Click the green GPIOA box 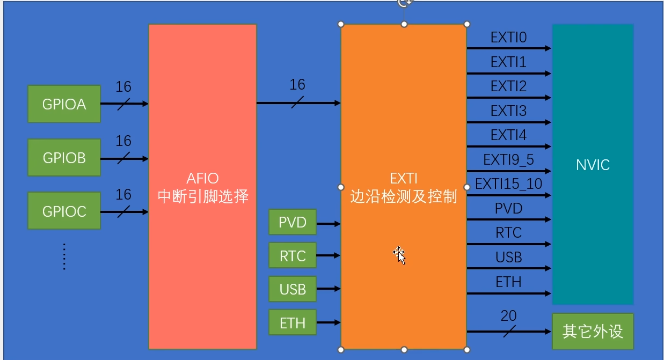64,104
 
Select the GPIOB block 64,158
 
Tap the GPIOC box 64,211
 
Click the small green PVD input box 293,222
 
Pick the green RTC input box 293,256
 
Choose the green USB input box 293,290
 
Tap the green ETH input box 293,323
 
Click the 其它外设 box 593,332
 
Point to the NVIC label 593,165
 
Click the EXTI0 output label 508,38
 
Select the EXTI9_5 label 508,160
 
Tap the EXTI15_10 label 508,185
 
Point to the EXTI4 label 508,135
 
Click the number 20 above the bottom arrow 508,315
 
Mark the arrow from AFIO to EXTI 298,103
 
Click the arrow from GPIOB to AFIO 124,159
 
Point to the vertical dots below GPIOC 64,256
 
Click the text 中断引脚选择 203,196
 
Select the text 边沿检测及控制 403,196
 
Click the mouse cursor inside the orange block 399,255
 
